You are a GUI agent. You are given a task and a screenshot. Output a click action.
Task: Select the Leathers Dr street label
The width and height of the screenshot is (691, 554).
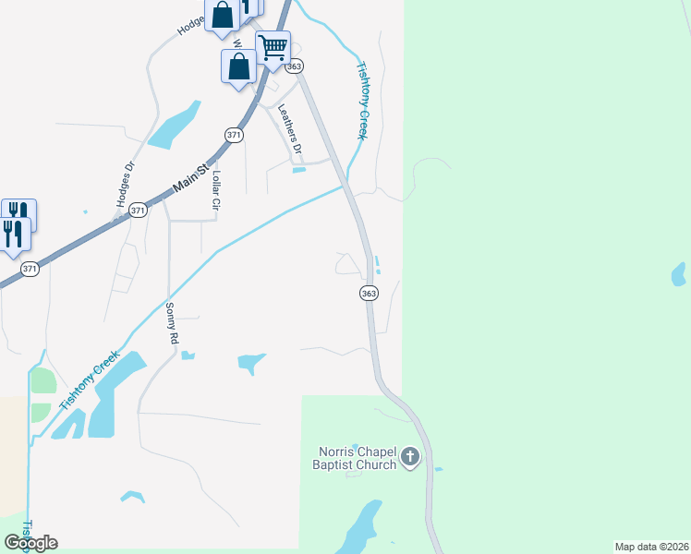tap(290, 128)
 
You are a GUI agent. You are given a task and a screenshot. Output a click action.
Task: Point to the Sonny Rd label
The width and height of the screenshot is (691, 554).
tap(172, 323)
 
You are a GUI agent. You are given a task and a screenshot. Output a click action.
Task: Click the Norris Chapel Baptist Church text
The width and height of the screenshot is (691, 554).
tap(358, 458)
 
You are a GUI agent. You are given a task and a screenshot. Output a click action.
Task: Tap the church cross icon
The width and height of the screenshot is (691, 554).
tap(411, 457)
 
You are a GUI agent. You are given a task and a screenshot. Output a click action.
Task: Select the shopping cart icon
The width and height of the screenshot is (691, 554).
tap(273, 46)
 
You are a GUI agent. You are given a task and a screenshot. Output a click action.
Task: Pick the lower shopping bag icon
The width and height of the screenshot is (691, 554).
tap(238, 67)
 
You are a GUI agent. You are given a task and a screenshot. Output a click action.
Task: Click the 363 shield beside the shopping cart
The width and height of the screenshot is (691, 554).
tap(295, 66)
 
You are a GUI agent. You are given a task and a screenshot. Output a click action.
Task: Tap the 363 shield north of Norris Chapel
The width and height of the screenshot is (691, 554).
tap(369, 293)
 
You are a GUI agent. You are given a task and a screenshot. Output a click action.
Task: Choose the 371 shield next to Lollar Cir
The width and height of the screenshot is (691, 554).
tap(234, 135)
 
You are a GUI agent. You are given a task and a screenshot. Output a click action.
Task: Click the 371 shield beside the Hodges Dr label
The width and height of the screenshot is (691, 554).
tap(138, 211)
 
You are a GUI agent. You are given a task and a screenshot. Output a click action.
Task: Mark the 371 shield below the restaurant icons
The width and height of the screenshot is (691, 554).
tap(30, 270)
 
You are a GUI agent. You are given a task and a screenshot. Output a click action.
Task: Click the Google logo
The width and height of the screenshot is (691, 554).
tap(30, 542)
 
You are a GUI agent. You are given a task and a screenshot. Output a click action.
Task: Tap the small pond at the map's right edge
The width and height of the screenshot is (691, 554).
tap(679, 274)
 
